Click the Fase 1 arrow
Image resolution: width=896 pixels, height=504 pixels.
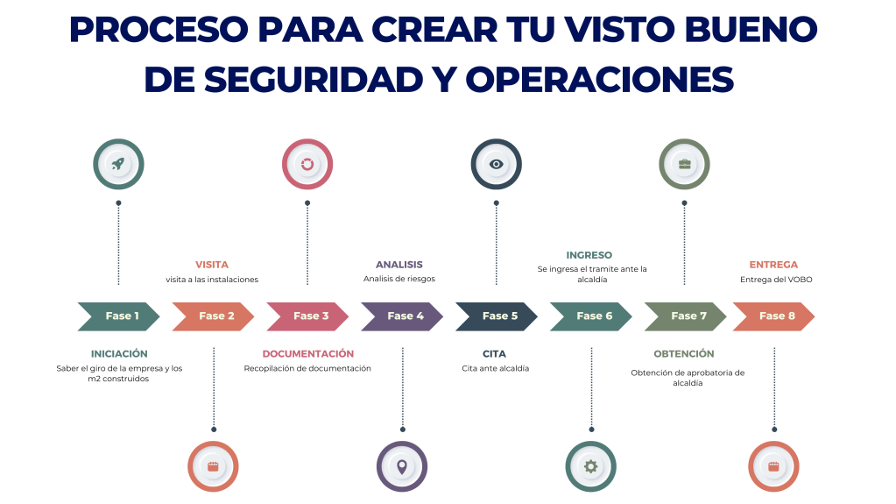pyautogui.click(x=119, y=316)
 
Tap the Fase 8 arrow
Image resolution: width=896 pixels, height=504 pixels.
pyautogui.click(x=774, y=316)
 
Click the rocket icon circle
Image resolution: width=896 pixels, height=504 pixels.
pyautogui.click(x=118, y=164)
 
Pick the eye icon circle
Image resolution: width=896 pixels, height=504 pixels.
pyautogui.click(x=496, y=164)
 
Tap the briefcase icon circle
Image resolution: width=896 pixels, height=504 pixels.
pyautogui.click(x=684, y=164)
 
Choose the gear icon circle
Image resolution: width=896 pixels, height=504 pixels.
pyautogui.click(x=590, y=466)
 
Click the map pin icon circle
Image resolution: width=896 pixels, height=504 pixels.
pyautogui.click(x=402, y=466)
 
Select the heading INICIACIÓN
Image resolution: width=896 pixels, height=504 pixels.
pyautogui.click(x=119, y=354)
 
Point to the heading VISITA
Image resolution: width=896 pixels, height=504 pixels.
pyautogui.click(x=212, y=264)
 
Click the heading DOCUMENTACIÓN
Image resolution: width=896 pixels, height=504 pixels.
pyautogui.click(x=307, y=354)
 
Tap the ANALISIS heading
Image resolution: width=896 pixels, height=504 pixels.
pyautogui.click(x=399, y=264)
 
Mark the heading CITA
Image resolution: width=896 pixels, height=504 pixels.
pyautogui.click(x=494, y=354)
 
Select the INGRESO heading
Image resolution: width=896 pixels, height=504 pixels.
pyautogui.click(x=589, y=255)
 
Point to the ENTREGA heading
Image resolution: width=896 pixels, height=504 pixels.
pyautogui.click(x=773, y=264)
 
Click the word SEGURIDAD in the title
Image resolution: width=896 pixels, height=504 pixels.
pyautogui.click(x=324, y=79)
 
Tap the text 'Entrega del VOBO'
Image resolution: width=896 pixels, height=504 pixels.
pyautogui.click(x=773, y=280)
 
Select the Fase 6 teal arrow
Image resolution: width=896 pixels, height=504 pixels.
pyautogui.click(x=590, y=316)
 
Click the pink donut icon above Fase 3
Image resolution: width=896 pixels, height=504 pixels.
pyautogui.click(x=307, y=164)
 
